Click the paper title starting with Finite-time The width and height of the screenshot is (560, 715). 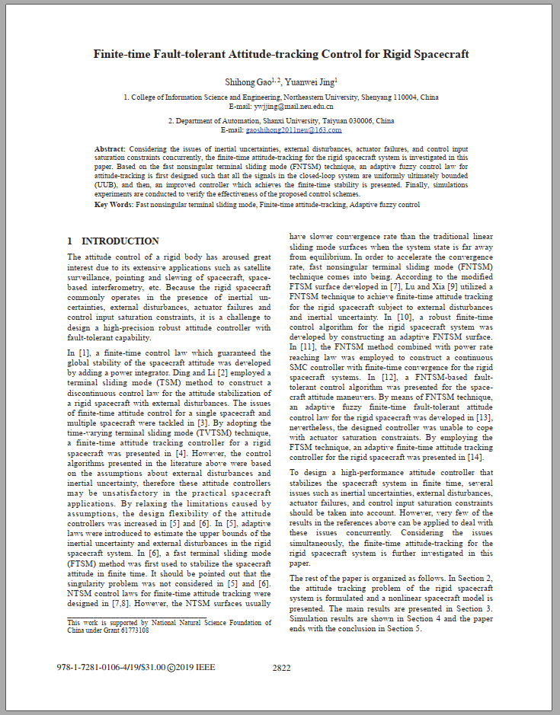click(280, 54)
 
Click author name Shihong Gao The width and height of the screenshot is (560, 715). click(251, 81)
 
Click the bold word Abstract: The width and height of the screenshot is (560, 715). click(110, 149)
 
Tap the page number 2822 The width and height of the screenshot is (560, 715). click(282, 668)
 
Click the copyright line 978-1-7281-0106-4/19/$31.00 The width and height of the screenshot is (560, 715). click(111, 668)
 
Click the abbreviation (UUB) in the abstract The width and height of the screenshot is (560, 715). click(107, 185)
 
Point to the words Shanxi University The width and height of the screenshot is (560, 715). click(286, 121)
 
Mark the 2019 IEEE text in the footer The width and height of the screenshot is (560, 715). click(196, 668)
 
